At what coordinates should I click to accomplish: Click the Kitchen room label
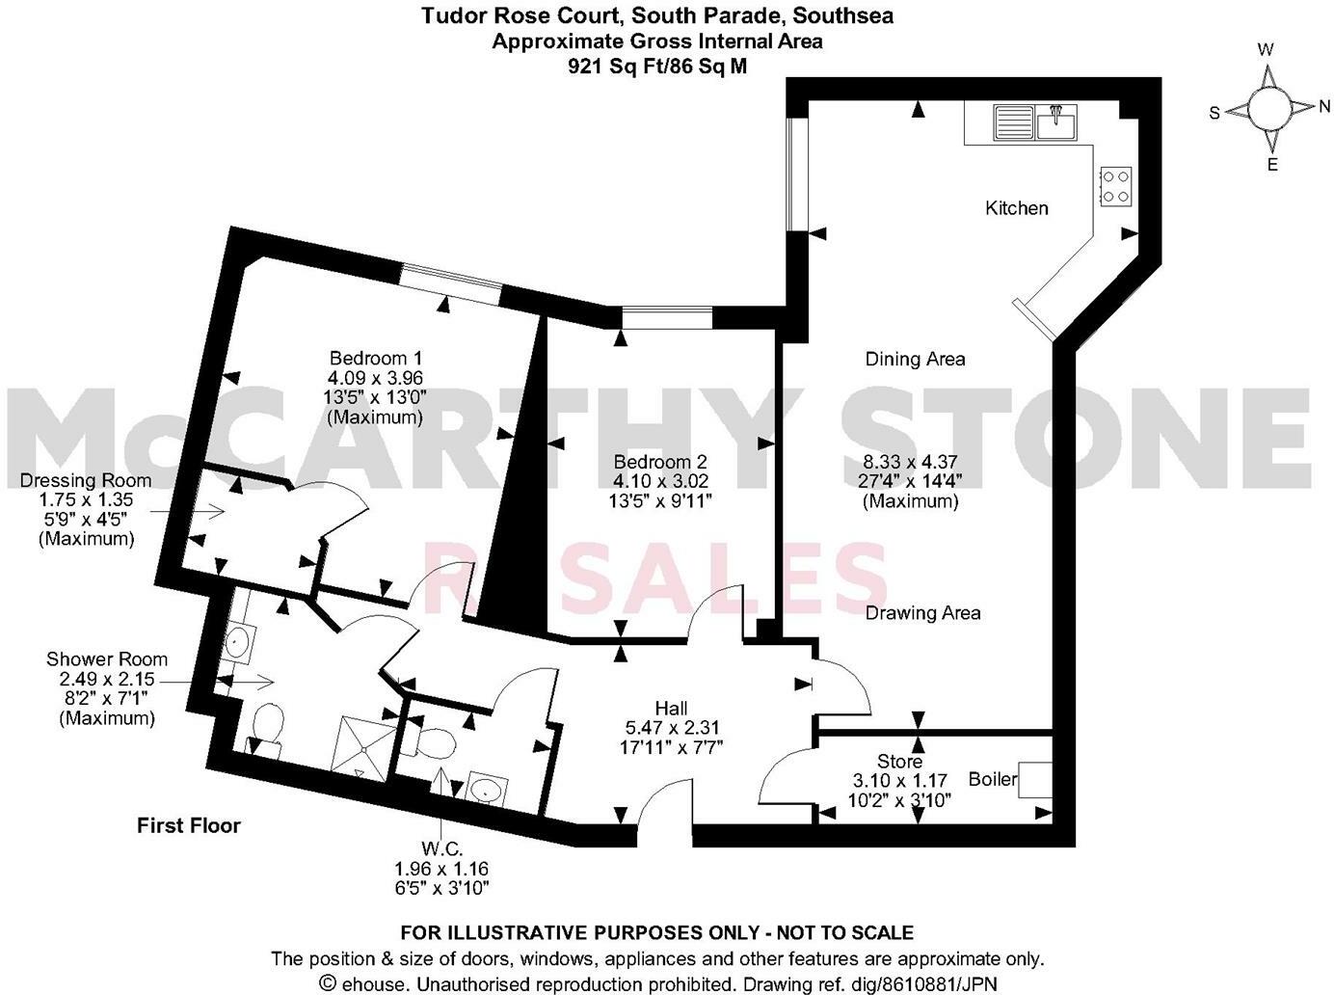1016,208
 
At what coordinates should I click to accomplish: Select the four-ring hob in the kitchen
1116,186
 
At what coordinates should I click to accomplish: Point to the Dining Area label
915,360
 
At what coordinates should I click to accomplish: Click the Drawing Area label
922,613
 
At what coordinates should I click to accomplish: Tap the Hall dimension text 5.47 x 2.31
673,728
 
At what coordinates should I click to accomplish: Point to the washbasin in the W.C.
488,790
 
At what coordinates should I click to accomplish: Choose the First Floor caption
189,825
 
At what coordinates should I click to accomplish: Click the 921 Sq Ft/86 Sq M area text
657,66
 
